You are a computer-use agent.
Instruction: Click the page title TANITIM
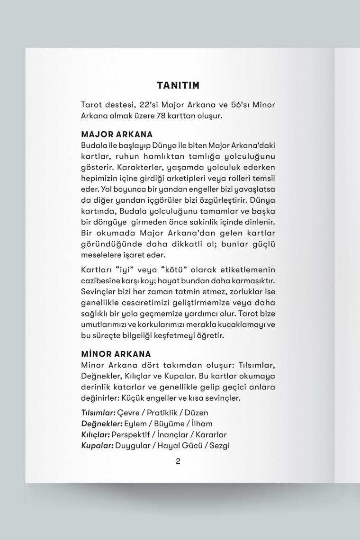click(x=178, y=85)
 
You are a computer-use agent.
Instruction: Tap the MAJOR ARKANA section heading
click(x=117, y=135)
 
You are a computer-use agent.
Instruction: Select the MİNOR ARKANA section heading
click(x=116, y=354)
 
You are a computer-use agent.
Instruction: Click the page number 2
click(x=178, y=461)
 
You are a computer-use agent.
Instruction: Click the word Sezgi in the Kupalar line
click(x=219, y=445)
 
